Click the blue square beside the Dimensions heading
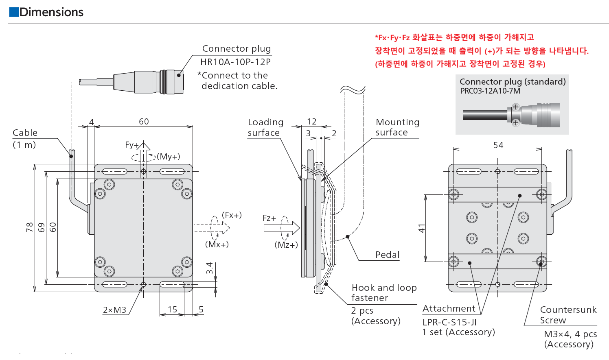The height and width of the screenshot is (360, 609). (x=14, y=12)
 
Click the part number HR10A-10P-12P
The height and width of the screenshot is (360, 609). (x=235, y=62)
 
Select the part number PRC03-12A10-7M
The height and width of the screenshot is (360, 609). (x=490, y=91)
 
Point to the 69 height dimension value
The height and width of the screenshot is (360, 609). (x=41, y=227)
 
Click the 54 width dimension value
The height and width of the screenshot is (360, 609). (x=498, y=145)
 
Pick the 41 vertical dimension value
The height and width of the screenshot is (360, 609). (x=421, y=228)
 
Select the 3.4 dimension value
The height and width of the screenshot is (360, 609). (x=209, y=268)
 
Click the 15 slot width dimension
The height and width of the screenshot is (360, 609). (x=172, y=309)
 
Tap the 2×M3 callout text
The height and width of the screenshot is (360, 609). (x=114, y=310)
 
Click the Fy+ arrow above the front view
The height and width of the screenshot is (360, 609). (x=143, y=160)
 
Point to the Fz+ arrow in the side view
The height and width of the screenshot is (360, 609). (x=282, y=228)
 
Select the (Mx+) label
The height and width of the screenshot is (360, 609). (x=217, y=244)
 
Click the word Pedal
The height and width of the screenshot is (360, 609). (x=388, y=255)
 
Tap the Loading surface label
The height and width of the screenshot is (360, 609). (x=265, y=127)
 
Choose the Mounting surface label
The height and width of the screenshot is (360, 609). (x=397, y=127)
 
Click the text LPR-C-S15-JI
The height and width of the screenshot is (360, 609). (x=449, y=322)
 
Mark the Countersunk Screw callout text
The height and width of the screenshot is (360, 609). (x=568, y=314)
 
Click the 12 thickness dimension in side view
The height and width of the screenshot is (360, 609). (x=311, y=122)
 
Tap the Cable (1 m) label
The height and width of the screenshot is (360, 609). (x=25, y=139)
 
